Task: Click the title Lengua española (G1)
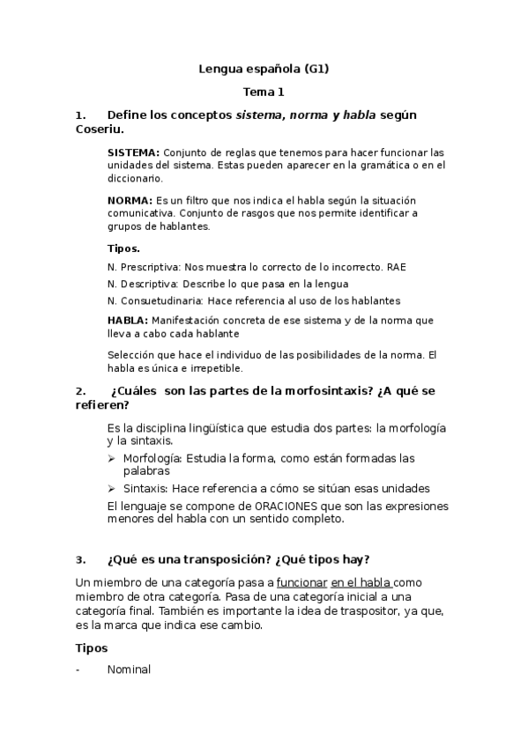click(264, 68)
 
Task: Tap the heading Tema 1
click(264, 91)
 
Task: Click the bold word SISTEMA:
click(133, 152)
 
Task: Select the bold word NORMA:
click(130, 201)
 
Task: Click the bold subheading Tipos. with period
click(123, 248)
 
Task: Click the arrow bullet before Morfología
click(111, 459)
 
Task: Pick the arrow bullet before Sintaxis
click(111, 488)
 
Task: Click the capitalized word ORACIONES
click(296, 507)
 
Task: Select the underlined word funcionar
click(301, 582)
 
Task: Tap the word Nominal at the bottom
click(129, 669)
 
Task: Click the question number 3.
click(80, 559)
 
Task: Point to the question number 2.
click(80, 391)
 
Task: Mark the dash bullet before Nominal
click(79, 669)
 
